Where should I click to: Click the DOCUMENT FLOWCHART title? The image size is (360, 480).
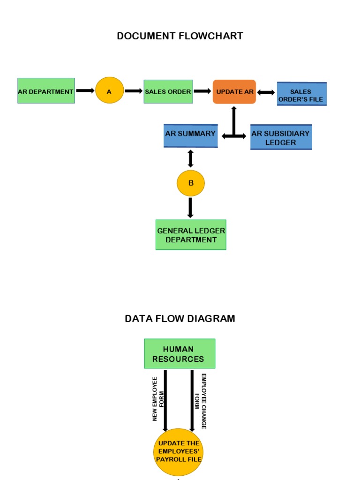180,36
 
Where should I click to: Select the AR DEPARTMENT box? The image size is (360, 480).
46,91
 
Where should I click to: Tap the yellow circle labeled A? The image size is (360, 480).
109,91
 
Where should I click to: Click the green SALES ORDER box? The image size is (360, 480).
168,91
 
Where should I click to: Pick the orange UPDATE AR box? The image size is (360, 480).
234,91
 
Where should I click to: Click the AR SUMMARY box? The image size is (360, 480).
190,135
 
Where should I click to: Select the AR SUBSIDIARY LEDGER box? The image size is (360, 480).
281,137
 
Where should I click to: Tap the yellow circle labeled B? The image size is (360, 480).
190,183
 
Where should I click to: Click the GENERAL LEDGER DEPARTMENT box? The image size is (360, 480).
191,235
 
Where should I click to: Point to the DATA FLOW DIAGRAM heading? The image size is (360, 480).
180,319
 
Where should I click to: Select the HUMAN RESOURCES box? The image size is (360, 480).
180,353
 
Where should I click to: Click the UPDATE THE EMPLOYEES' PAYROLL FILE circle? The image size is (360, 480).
178,451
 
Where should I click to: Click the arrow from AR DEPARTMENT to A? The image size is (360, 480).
85,90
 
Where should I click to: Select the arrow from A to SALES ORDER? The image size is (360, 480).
134,91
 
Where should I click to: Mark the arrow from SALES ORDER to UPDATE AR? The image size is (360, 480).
202,91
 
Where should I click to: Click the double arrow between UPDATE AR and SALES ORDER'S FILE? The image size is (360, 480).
266,92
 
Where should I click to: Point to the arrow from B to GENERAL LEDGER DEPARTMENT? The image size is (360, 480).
190,208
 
